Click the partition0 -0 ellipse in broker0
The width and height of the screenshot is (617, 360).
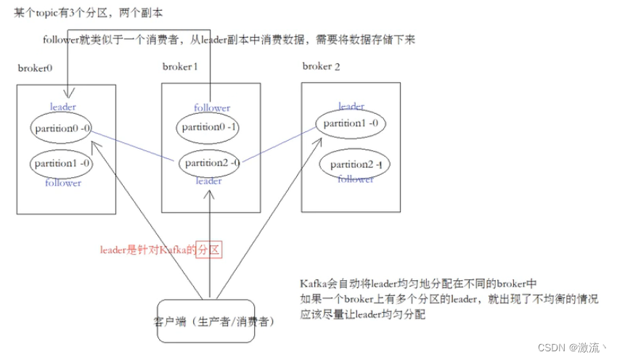coord(62,128)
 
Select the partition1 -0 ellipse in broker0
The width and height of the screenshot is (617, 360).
coord(62,163)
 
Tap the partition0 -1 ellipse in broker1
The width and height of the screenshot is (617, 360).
coord(209,128)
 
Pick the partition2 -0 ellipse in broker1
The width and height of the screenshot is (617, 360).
coord(211,163)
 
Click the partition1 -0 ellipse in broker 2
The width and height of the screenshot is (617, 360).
coord(351,123)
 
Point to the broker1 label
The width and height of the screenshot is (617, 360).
coord(180,67)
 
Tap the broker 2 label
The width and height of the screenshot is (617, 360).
coord(321,66)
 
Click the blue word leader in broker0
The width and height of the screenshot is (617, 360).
coord(63,107)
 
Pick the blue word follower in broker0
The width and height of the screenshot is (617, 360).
coord(63,183)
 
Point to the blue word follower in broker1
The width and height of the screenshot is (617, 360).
coord(212,108)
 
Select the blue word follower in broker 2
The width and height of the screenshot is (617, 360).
coord(356,179)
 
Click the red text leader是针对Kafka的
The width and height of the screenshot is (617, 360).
coord(149,250)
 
